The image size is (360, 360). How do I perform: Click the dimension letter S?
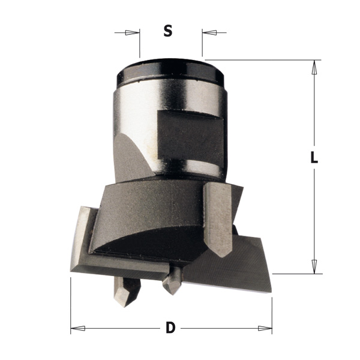(168, 31)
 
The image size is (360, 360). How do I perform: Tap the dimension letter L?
(314, 157)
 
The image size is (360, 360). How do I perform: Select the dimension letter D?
(170, 328)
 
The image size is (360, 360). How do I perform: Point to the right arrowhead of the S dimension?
(209, 32)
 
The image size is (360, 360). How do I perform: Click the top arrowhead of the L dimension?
(314, 67)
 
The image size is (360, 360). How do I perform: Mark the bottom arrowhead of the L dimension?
(314, 267)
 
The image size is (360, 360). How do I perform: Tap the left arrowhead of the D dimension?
(78, 328)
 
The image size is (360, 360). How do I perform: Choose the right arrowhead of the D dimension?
(265, 328)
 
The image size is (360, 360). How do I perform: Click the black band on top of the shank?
(170, 71)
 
